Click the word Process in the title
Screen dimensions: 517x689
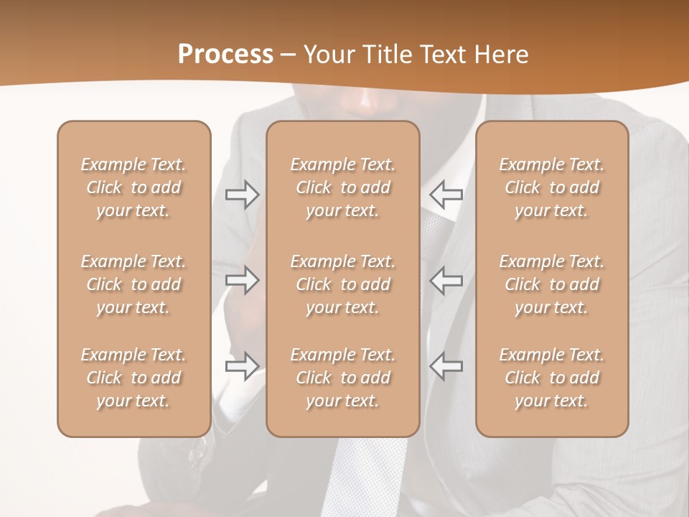coord(225,55)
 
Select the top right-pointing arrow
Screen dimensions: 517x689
coord(242,194)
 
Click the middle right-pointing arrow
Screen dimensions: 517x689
coord(242,279)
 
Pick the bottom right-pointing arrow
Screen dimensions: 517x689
coord(242,365)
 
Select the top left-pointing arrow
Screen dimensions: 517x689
coord(446,194)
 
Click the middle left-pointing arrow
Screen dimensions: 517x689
coord(446,279)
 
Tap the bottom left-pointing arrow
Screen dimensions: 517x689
coord(446,365)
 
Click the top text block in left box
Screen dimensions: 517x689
coord(133,187)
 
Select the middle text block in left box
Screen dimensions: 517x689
coord(133,284)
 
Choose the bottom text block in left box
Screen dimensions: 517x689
coord(133,378)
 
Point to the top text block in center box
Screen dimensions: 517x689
coord(342,187)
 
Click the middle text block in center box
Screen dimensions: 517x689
coord(342,284)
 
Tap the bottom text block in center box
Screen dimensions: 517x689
coord(342,378)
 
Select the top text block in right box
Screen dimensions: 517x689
coord(551,187)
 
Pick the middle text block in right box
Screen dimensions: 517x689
coord(551,284)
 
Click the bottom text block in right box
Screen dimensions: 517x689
coord(551,378)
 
